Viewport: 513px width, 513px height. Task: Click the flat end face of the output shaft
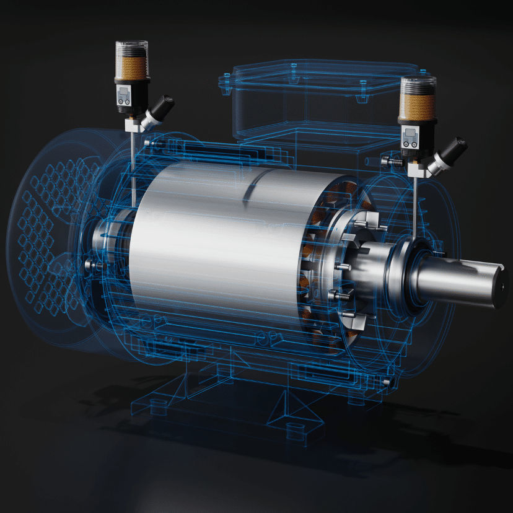coord(499,287)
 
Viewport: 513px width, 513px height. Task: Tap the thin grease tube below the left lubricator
coord(132,167)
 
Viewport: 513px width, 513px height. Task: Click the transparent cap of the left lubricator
coord(131,48)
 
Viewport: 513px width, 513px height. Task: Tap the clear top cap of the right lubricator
coord(418,85)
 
